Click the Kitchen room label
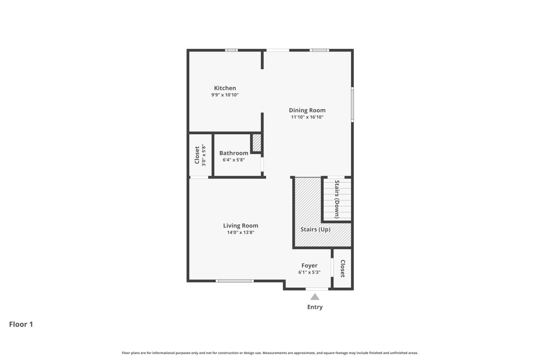225,88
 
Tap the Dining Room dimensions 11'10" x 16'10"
307,117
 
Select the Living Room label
240,226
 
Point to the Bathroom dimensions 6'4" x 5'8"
234,160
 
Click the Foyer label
309,266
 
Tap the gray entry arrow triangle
315,297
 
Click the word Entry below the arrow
315,307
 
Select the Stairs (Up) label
315,229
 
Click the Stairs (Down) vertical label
337,199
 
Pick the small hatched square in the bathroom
256,143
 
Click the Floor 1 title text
21,324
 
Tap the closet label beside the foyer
342,269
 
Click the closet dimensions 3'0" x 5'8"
204,155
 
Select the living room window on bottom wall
235,281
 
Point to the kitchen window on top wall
231,50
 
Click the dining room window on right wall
352,104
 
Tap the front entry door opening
317,289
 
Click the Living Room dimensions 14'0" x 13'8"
240,233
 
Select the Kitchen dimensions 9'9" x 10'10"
225,95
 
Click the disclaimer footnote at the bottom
270,353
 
